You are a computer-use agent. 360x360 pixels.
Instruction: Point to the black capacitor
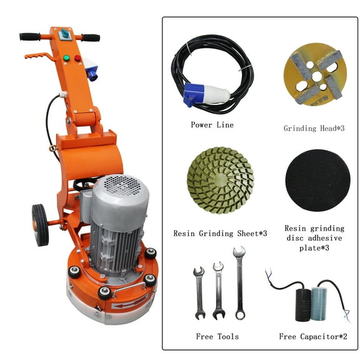302,305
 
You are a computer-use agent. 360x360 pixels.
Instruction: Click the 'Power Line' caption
212,125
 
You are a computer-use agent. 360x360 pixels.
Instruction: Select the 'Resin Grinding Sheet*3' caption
220,233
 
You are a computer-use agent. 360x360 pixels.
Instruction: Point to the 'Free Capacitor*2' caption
313,337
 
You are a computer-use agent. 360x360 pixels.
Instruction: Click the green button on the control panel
66,58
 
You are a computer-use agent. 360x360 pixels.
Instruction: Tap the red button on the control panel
77,58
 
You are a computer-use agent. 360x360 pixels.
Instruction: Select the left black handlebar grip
29,36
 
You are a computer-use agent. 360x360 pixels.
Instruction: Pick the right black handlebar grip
91,37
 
